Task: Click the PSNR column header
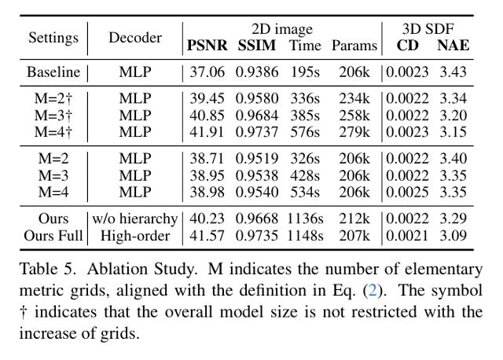click(x=207, y=46)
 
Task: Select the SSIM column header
click(x=257, y=46)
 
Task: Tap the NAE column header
click(x=453, y=46)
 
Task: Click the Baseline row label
click(x=53, y=72)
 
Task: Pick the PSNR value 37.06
click(x=207, y=72)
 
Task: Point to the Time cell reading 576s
click(x=305, y=132)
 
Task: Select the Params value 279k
click(x=354, y=132)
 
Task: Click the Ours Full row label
click(x=53, y=236)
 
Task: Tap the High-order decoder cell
click(x=135, y=236)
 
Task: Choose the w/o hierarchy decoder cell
click(x=135, y=219)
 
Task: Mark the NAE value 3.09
click(x=453, y=236)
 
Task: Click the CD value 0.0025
click(x=407, y=192)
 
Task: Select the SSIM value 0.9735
click(x=257, y=236)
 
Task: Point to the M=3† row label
click(x=53, y=116)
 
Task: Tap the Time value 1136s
click(x=305, y=219)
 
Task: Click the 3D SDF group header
click(x=428, y=29)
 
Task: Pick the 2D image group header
click(x=282, y=29)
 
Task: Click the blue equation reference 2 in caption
click(x=373, y=290)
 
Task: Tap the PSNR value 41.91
click(x=207, y=132)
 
